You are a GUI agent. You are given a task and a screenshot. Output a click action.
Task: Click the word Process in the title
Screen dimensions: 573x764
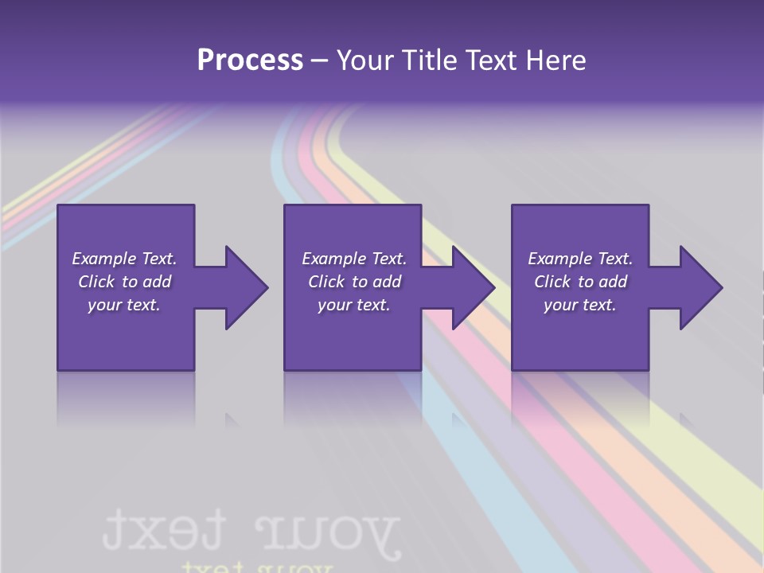tap(250, 60)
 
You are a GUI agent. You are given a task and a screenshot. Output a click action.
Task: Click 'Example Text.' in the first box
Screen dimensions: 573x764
tap(124, 259)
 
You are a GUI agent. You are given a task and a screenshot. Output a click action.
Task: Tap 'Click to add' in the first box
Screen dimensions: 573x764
tap(124, 282)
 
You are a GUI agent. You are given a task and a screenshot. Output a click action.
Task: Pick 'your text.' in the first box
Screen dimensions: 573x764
tap(124, 305)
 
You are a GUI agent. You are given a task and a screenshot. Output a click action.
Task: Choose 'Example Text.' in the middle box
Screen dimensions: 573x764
tap(354, 259)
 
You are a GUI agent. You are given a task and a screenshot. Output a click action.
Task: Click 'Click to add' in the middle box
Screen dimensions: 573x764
tap(354, 282)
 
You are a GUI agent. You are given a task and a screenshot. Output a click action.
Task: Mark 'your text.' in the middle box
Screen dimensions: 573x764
tap(354, 305)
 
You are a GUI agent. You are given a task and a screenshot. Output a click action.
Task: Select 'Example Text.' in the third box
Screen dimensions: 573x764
tap(580, 259)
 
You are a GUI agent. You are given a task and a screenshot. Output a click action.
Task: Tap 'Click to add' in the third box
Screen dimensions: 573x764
tap(580, 282)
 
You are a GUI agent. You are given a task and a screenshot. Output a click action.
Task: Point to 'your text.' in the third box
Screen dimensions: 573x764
tap(580, 305)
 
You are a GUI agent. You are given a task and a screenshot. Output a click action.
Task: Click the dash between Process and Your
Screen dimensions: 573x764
tap(320, 60)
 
